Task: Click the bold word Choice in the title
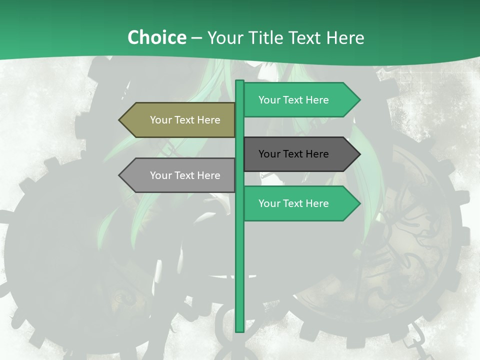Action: point(156,37)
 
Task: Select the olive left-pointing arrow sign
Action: point(177,120)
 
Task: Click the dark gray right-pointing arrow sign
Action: point(300,154)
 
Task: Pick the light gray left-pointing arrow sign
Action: point(177,175)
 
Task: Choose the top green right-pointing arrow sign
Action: point(300,100)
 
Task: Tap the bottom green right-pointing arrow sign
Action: point(300,203)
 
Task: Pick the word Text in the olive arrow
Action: point(184,120)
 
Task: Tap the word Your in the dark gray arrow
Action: point(269,154)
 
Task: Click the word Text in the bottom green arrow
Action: point(293,203)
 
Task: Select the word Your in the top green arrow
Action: point(269,100)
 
